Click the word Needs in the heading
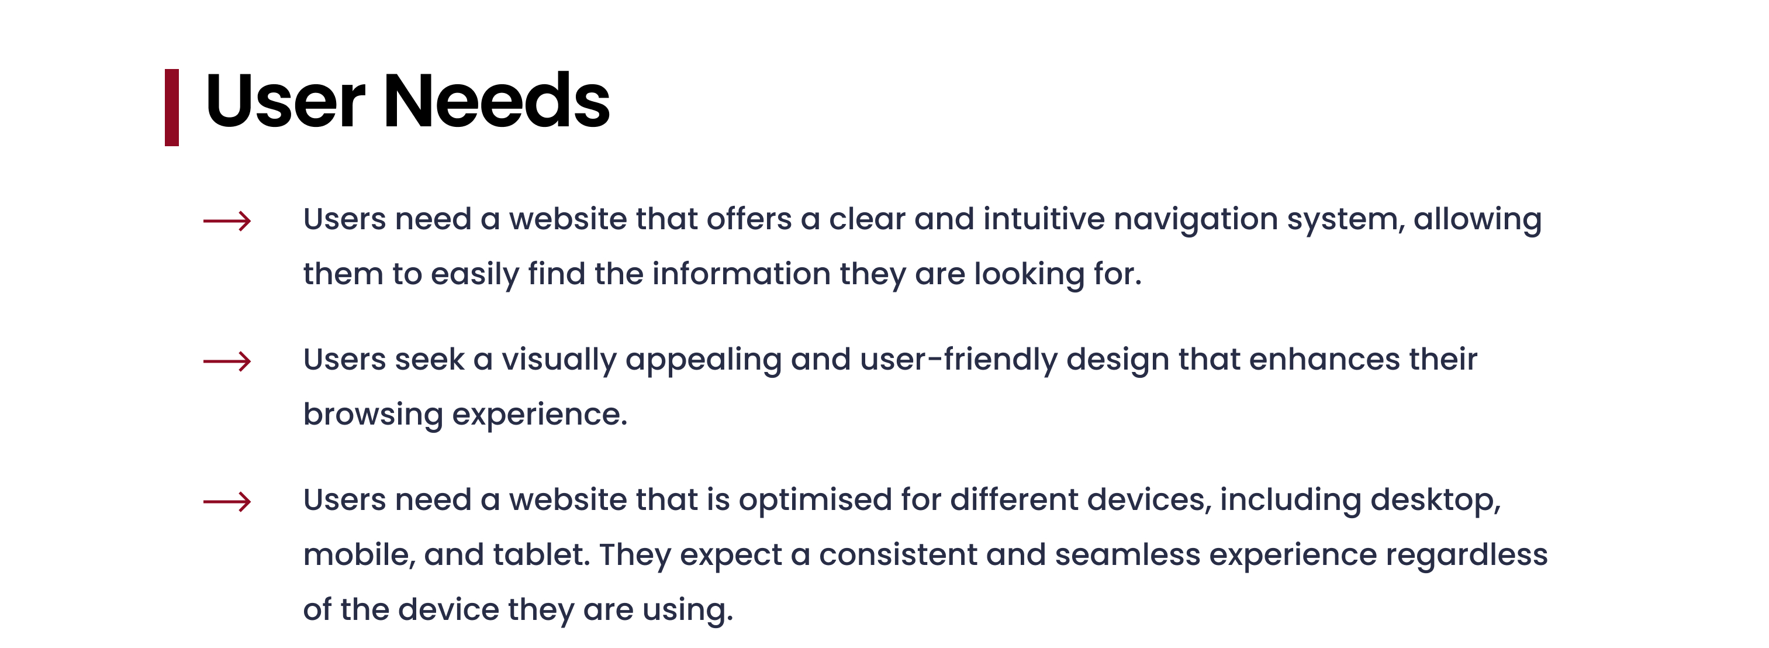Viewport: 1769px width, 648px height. (496, 101)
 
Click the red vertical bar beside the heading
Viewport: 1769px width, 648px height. (172, 107)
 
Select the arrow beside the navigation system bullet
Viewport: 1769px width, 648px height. (227, 220)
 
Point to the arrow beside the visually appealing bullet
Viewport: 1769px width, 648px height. (227, 361)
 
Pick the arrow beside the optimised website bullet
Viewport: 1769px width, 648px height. (227, 502)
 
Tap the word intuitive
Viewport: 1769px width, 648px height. (1044, 219)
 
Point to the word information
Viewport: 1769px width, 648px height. (741, 274)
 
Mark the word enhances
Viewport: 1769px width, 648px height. (1325, 360)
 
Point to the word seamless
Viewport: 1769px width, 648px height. (1128, 554)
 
